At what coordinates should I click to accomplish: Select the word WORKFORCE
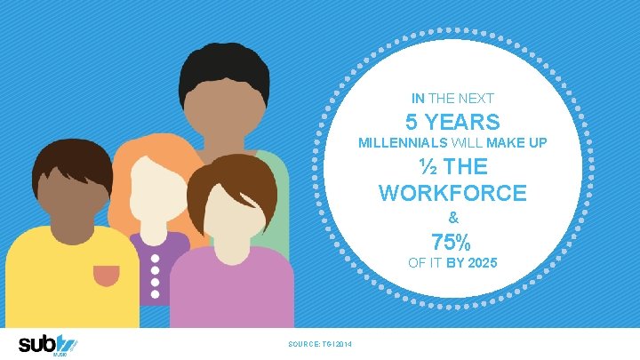tap(452, 192)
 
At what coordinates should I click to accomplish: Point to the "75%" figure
tap(452, 241)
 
